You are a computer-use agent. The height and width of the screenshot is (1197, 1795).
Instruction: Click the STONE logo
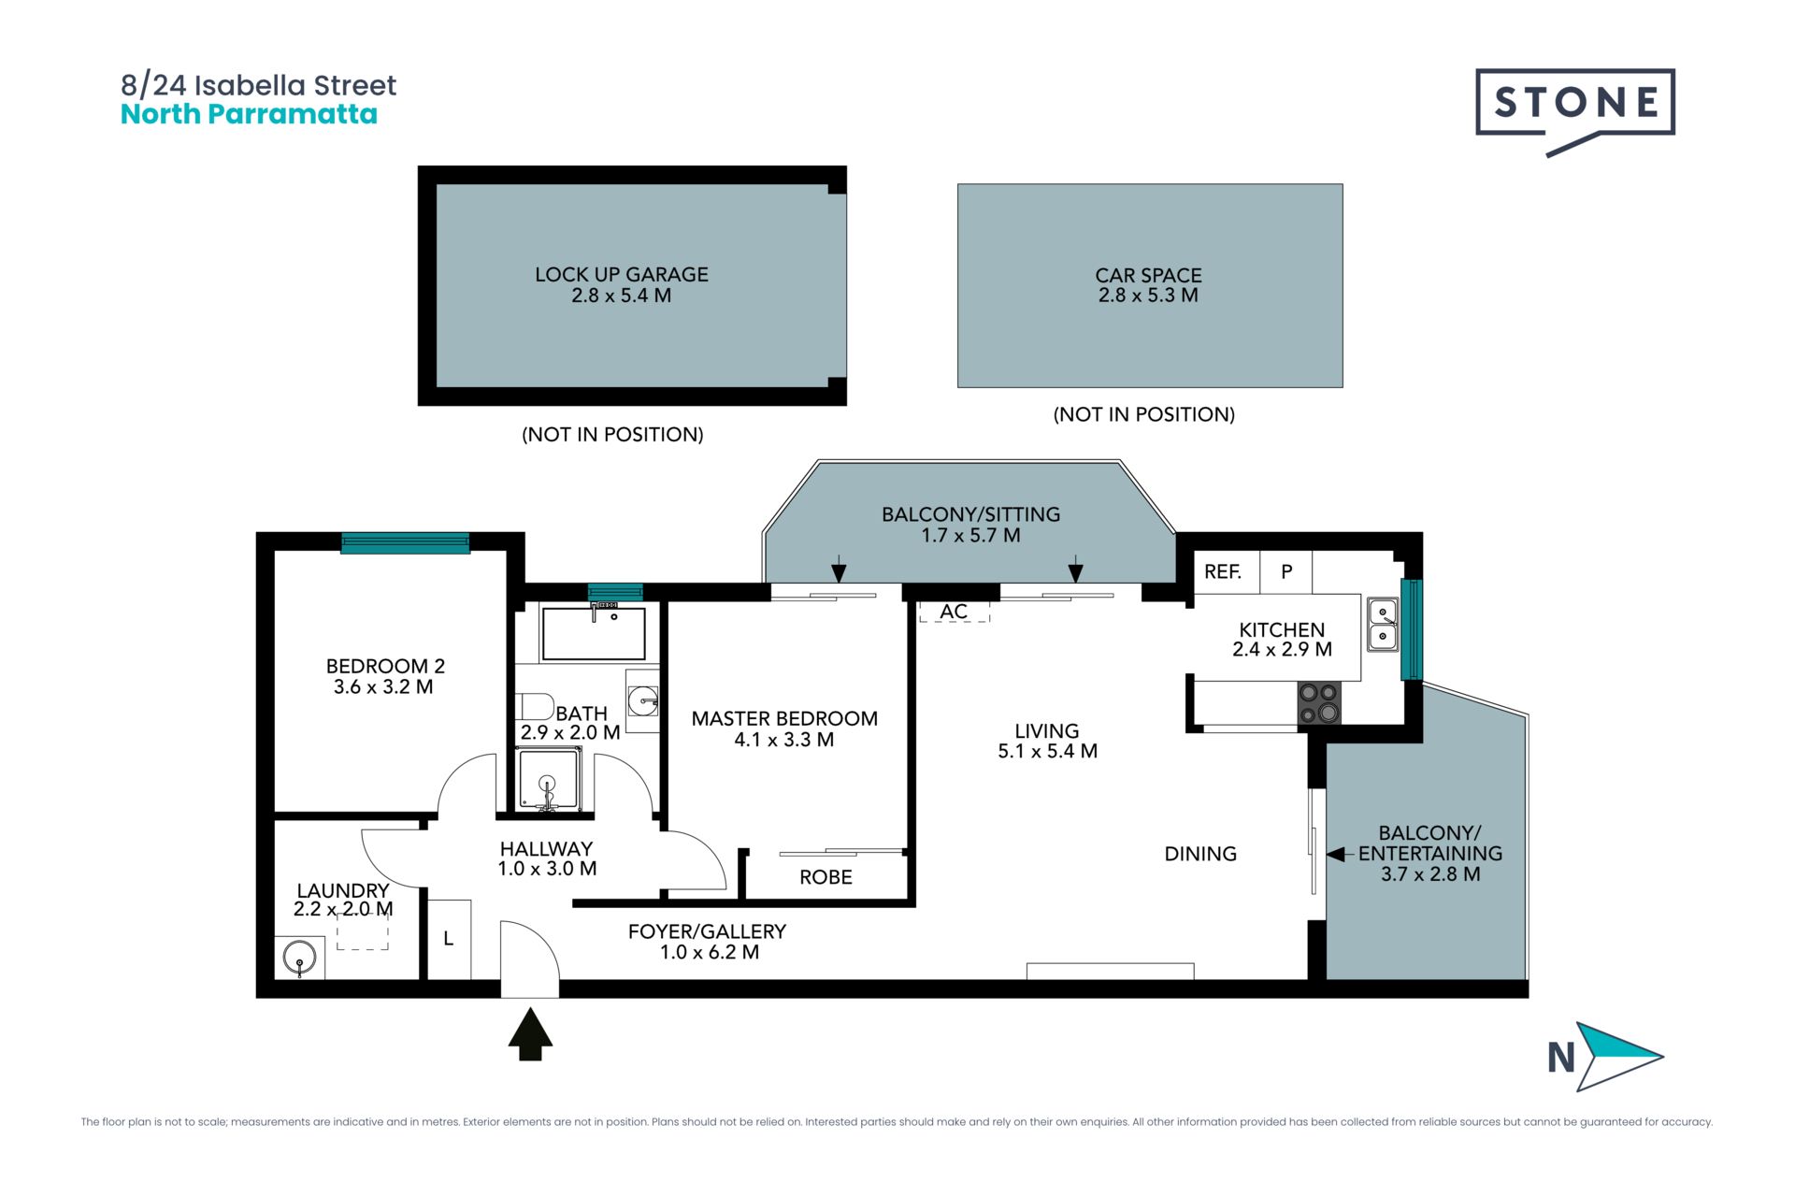coord(1575,111)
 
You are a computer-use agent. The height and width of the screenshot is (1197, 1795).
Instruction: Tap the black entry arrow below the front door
coord(530,1033)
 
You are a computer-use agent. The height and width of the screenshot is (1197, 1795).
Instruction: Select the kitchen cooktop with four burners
coord(1319,703)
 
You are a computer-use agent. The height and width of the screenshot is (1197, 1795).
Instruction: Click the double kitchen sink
coord(1383,625)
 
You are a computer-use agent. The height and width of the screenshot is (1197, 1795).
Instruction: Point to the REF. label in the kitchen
coord(1223,572)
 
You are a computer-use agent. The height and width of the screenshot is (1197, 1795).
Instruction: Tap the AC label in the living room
coord(954,612)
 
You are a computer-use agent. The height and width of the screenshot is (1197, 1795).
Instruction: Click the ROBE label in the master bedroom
coord(826,877)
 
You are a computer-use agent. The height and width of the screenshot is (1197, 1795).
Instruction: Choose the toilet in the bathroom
coord(535,706)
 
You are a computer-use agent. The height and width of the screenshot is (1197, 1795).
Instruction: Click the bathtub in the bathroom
coord(594,633)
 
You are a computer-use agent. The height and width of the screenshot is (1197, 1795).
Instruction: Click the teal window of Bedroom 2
coord(405,542)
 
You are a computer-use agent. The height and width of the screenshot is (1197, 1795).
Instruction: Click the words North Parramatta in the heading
coord(249,114)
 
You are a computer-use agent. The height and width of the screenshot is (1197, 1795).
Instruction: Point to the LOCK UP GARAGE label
coord(622,274)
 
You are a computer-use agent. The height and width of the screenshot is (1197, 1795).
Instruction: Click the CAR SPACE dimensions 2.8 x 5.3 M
coord(1148,296)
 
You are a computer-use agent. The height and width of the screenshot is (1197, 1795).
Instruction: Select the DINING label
coord(1200,854)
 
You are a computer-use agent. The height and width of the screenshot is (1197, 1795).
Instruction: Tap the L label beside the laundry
coord(449,939)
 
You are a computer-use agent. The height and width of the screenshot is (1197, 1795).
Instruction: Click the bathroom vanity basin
coord(642,700)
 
